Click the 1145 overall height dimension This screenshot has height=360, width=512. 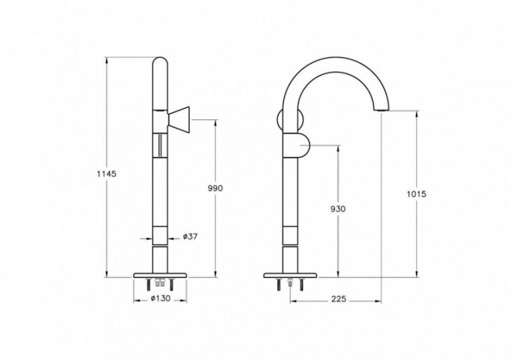[x=107, y=174]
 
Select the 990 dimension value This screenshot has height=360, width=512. [x=216, y=187]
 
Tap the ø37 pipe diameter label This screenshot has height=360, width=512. [x=190, y=237]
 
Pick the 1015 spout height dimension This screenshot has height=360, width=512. [x=416, y=194]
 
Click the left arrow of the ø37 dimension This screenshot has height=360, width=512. [x=145, y=238]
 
